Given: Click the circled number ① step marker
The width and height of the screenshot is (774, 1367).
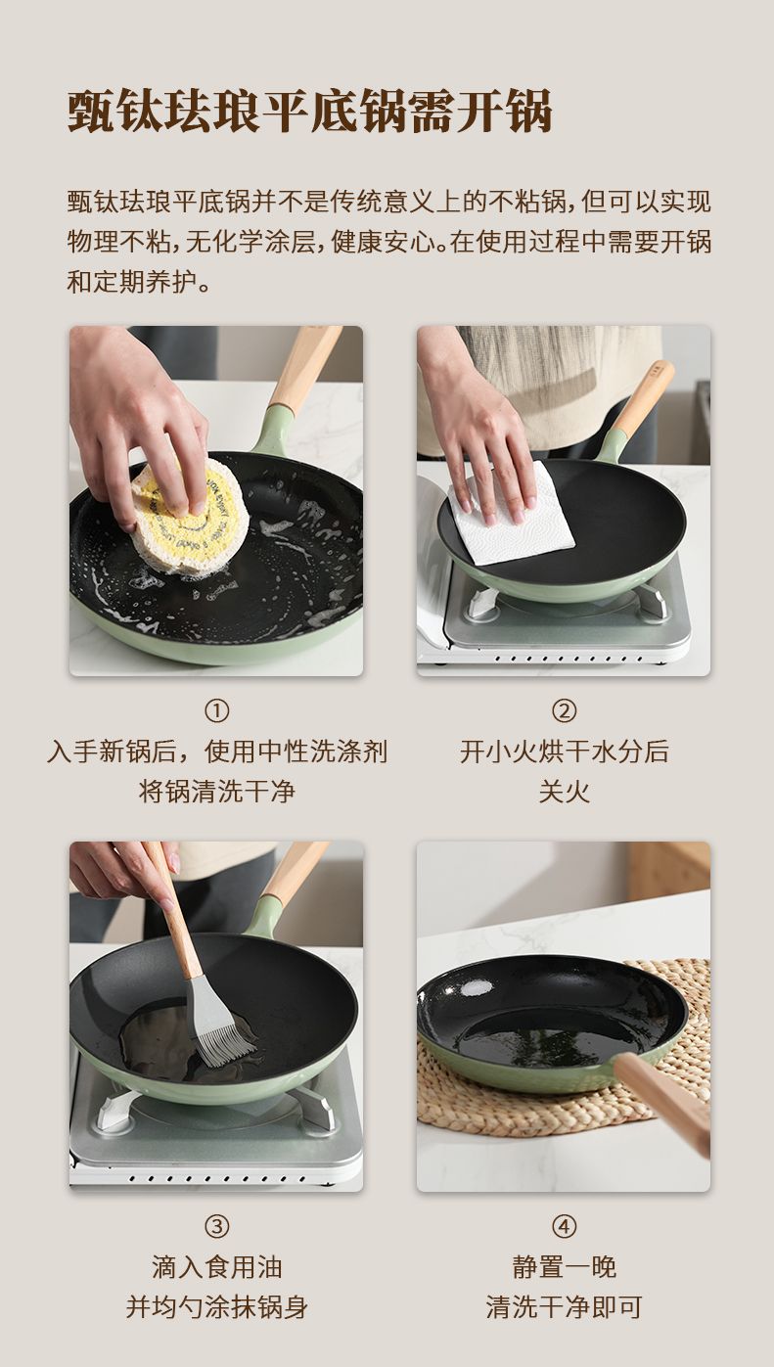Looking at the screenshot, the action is point(216,711).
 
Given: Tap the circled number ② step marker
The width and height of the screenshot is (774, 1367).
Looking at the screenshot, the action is point(564,711).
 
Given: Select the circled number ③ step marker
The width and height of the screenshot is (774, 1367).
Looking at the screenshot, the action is point(216,1227).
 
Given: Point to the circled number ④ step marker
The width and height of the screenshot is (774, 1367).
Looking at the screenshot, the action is point(564,1227).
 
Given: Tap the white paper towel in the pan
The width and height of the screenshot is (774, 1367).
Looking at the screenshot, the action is point(513,514).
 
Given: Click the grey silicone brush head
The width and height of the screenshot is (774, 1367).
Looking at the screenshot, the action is point(220,1029).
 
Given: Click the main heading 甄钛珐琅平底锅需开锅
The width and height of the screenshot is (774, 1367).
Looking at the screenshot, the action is point(310,112).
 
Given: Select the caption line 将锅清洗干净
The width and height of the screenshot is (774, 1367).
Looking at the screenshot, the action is point(216,792).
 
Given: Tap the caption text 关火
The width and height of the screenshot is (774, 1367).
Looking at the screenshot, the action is point(564,792).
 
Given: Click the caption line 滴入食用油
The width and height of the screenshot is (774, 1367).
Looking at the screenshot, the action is point(216,1267).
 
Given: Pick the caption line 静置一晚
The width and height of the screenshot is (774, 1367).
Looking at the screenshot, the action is point(564,1267).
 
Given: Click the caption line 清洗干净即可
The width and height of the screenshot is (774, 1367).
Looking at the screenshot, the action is point(564,1307).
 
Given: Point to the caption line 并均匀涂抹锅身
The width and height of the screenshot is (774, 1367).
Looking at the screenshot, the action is point(216,1307).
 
